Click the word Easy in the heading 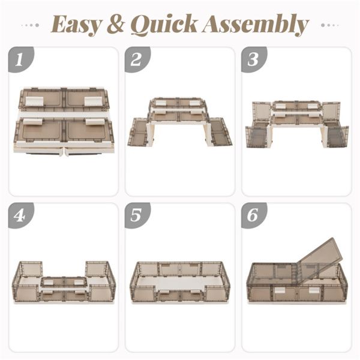click(x=76, y=25)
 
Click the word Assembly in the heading click(x=256, y=25)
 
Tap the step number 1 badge click(x=20, y=59)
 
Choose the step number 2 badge click(x=137, y=59)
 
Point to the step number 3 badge click(x=253, y=59)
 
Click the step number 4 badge click(x=20, y=215)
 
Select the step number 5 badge click(x=137, y=215)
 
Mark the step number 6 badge click(x=253, y=215)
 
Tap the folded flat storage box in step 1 click(x=64, y=121)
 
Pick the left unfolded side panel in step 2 click(x=138, y=132)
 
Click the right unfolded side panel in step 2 click(x=221, y=132)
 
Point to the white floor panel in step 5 click(x=179, y=283)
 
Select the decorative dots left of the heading click(x=30, y=25)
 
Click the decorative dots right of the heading click(x=329, y=25)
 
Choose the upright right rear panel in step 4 click(x=97, y=269)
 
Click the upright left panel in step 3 click(x=262, y=113)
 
